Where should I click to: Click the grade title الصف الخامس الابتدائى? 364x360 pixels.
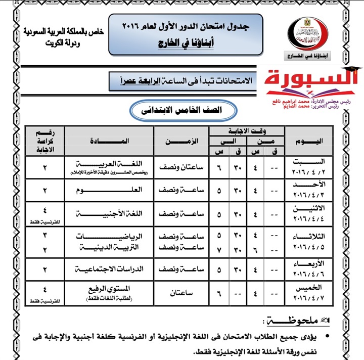point(181,109)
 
